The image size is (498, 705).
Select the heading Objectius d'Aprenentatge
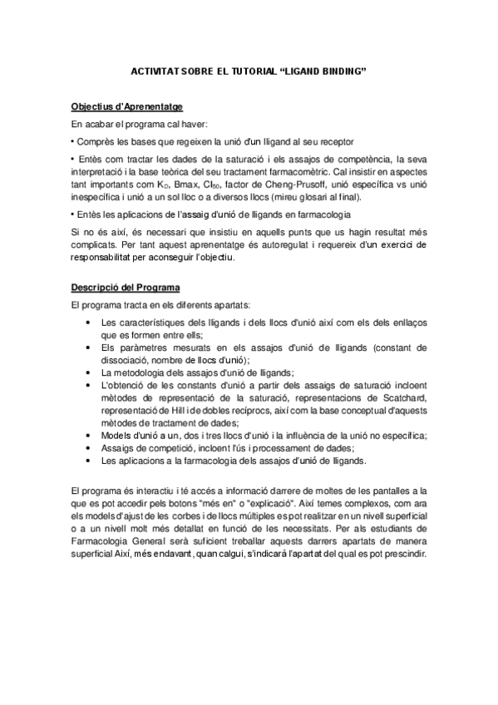[126, 107]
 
